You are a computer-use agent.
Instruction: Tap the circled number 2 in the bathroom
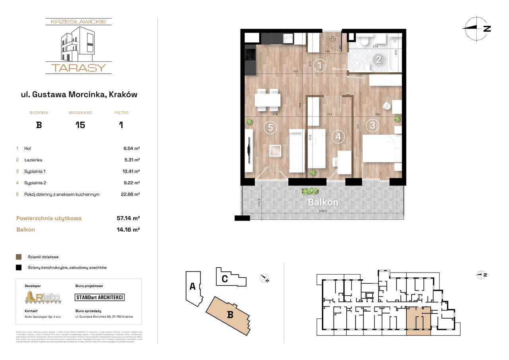pos(379,60)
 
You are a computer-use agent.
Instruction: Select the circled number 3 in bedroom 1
pos(373,126)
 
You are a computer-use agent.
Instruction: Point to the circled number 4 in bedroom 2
pos(338,137)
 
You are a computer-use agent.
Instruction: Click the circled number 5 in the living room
pos(270,128)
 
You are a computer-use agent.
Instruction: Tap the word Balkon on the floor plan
pos(323,202)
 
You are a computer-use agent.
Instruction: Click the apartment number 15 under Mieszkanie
pos(80,125)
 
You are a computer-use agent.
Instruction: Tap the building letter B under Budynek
pos(39,125)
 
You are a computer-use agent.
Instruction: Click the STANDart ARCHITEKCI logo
pos(100,297)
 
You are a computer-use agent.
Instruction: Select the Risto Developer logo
pos(43,297)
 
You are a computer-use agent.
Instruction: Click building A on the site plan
pos(192,286)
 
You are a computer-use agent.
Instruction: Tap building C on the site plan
pos(225,279)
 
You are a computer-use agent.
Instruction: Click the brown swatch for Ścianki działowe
pos(19,257)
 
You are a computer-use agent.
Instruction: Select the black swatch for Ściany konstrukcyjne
pos(19,267)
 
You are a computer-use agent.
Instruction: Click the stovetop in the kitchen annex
pos(251,55)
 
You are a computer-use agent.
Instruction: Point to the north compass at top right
pos(476,28)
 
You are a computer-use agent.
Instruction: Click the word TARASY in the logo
pos(78,68)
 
